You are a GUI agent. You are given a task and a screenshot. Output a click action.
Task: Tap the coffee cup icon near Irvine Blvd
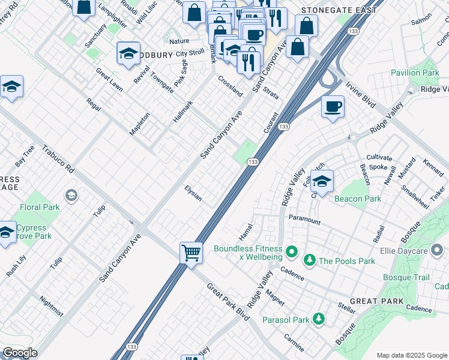click(x=333, y=107)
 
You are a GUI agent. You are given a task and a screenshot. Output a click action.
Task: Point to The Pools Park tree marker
click(x=310, y=260)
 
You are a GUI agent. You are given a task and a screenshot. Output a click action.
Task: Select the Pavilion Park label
click(x=415, y=73)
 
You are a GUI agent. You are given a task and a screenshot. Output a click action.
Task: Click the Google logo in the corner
click(x=20, y=353)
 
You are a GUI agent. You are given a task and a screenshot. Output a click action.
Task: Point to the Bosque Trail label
click(x=407, y=277)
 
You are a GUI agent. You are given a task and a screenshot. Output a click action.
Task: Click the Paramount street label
click(x=304, y=219)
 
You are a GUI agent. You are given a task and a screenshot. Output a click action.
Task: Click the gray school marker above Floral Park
click(x=71, y=196)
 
